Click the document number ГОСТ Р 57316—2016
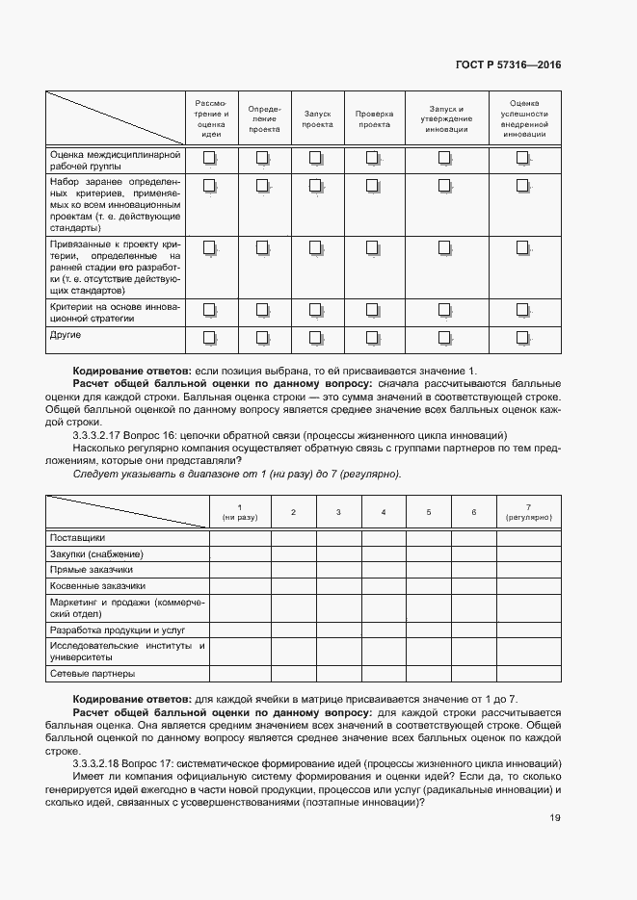point(508,64)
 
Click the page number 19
point(554,818)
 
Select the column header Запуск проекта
point(317,119)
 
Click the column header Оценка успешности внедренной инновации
point(523,119)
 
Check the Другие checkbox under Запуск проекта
point(315,338)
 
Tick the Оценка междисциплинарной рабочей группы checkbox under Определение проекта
point(262,158)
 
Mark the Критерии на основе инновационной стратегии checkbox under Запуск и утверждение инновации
point(444,309)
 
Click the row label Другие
point(66,335)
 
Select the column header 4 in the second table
point(384,512)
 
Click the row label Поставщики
point(77,537)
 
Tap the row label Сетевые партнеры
point(93,674)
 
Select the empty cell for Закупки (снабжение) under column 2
point(293,553)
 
